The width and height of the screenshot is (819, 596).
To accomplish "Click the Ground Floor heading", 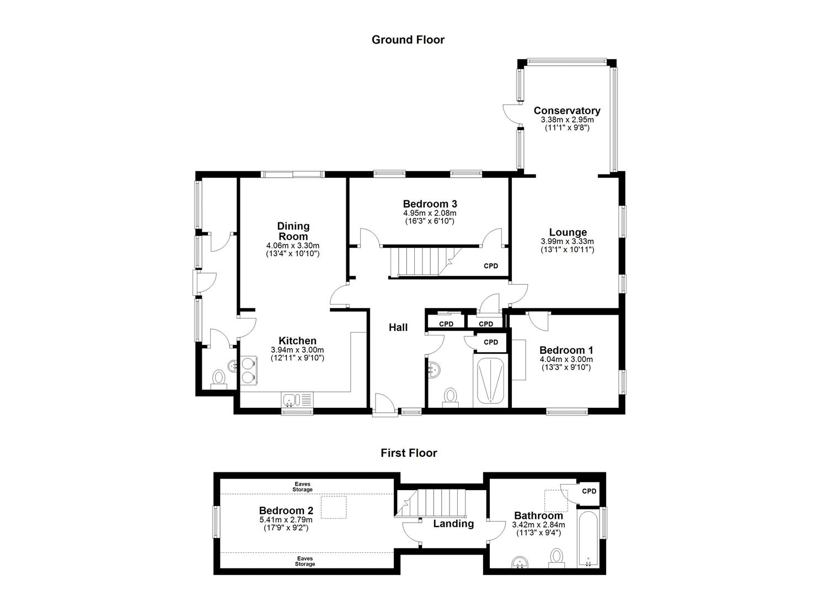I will pos(408,40).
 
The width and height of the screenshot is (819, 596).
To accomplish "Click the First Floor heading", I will pos(409,453).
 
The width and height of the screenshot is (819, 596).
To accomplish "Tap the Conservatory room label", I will pos(566,111).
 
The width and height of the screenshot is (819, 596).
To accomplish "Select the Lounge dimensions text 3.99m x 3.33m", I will pos(568,242).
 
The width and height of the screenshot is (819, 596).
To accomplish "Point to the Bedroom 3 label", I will pos(430,204).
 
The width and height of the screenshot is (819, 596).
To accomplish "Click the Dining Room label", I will pos(293,231).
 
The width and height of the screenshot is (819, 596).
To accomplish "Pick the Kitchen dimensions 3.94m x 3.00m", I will pos(297,350).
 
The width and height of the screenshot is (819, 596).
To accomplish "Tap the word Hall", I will pos(398,328).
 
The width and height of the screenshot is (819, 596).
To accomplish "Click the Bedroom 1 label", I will pos(566,350).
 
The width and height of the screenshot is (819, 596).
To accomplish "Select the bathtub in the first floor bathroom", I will pos(588,539).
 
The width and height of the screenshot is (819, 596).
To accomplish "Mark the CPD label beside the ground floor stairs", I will pos(491,266).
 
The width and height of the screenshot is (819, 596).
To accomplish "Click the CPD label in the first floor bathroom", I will pos(589,491).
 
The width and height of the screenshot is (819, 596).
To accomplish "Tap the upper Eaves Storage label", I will pos(302,487).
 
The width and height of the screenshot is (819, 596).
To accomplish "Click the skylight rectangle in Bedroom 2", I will pos(334,507).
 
